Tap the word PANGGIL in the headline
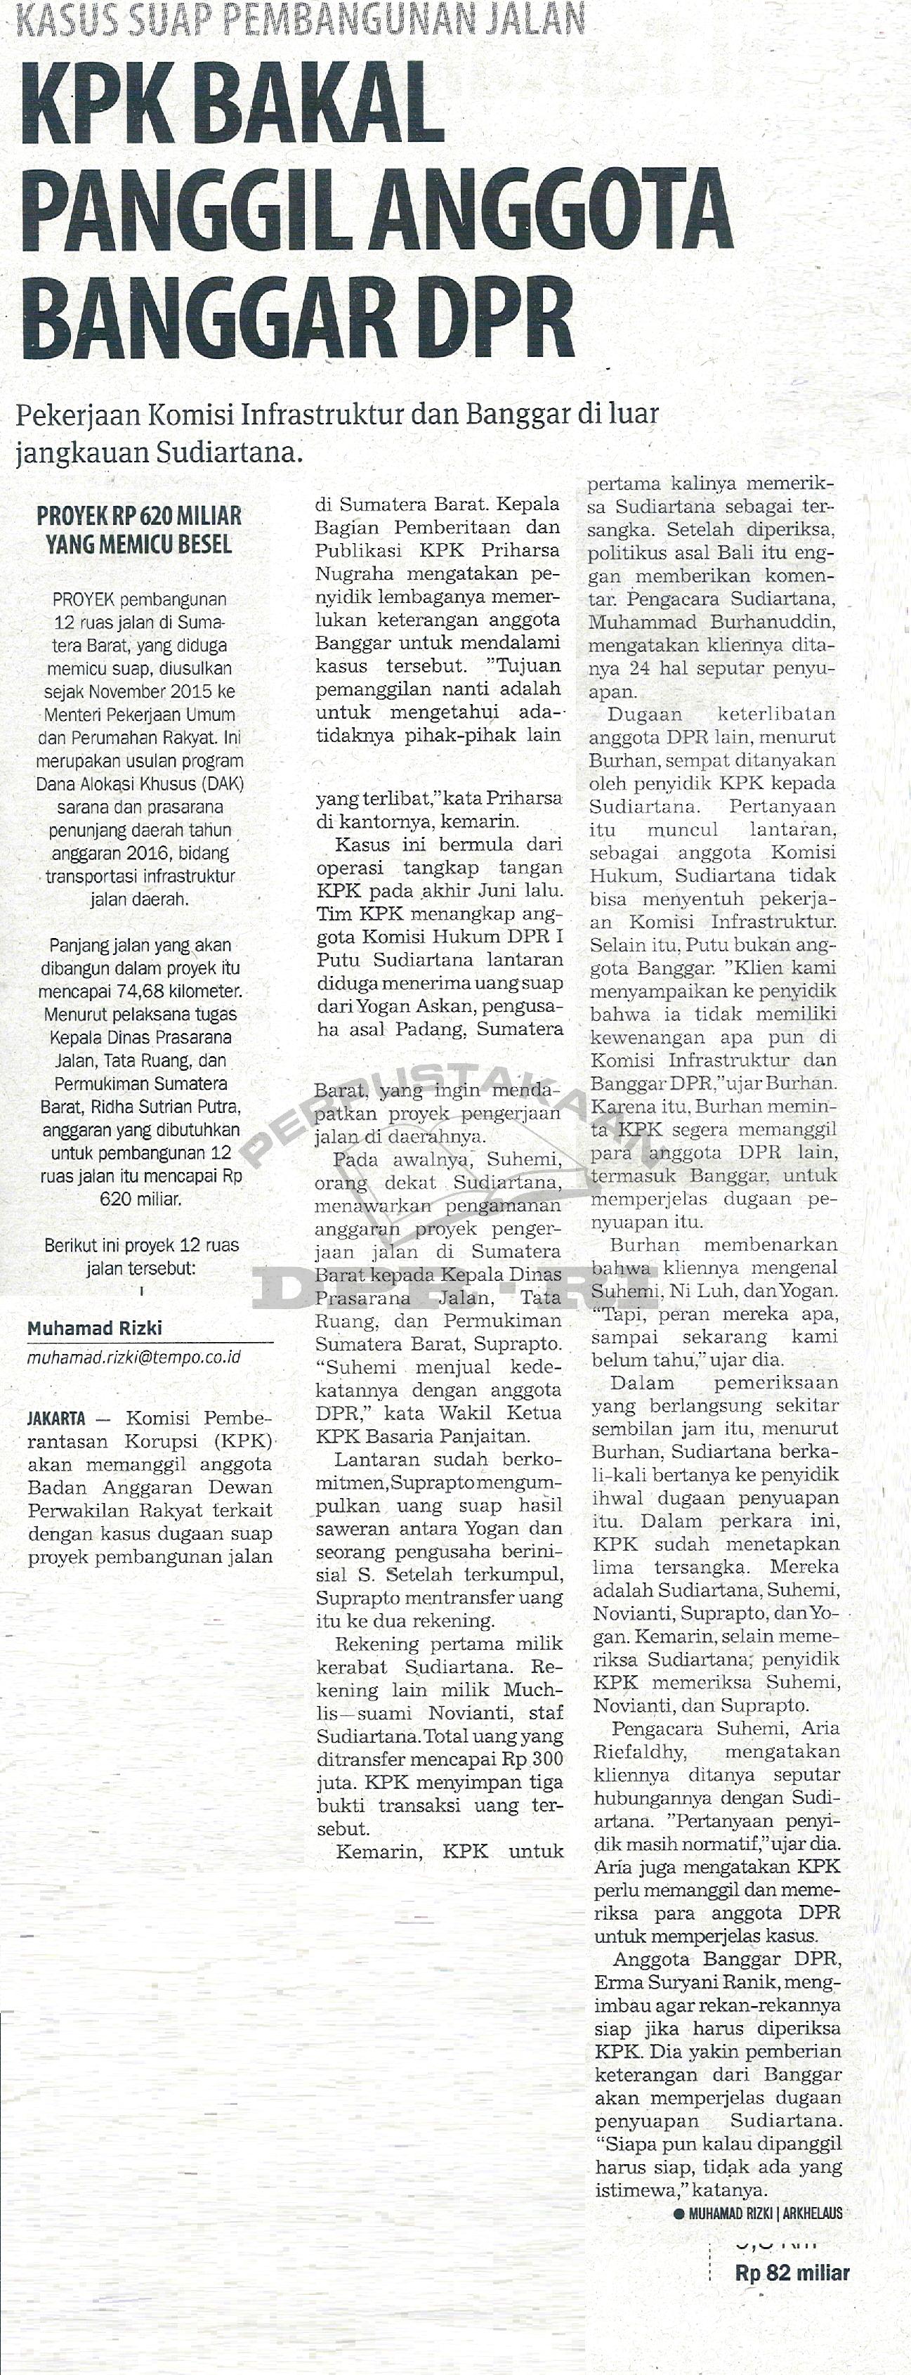click(x=189, y=210)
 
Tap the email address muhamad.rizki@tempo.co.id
click(x=133, y=1357)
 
